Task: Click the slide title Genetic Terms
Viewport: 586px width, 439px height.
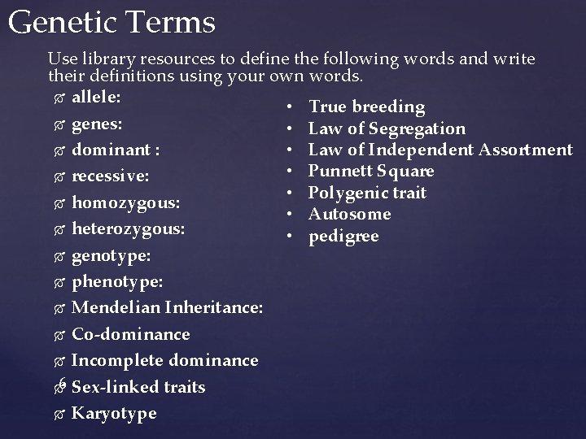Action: click(x=112, y=22)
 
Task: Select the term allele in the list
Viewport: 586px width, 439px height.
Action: click(x=97, y=98)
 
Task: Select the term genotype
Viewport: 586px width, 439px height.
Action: click(x=110, y=256)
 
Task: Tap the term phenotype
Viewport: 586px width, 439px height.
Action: click(x=116, y=282)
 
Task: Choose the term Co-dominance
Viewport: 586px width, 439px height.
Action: click(x=130, y=334)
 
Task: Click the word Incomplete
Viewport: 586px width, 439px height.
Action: click(x=116, y=360)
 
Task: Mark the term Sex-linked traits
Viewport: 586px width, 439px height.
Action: click(x=138, y=387)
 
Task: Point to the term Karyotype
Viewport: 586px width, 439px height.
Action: click(x=114, y=413)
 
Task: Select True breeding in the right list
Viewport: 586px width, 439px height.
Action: click(x=367, y=106)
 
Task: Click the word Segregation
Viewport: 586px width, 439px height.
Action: click(x=417, y=128)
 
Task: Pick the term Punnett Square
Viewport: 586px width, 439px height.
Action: click(x=371, y=171)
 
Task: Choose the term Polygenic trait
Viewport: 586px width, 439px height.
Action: click(x=368, y=193)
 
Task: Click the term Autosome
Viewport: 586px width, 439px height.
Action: click(x=350, y=214)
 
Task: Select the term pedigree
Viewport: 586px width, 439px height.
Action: click(x=343, y=236)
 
